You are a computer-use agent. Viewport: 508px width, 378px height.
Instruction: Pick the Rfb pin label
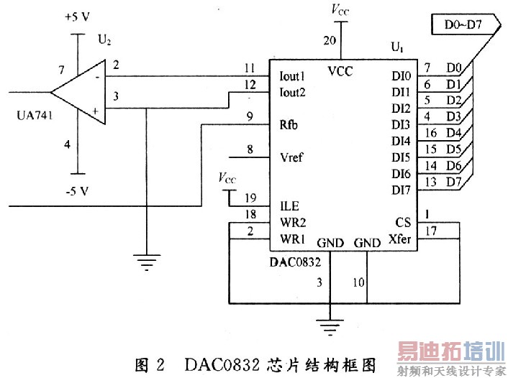point(289,124)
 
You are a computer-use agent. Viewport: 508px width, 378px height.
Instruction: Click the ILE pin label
point(289,206)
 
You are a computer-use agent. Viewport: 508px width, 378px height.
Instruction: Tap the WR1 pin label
point(291,238)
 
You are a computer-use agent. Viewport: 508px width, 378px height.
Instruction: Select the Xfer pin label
point(399,238)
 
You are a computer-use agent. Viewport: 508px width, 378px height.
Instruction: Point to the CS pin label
point(403,222)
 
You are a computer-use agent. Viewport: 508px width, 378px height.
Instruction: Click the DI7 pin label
point(401,190)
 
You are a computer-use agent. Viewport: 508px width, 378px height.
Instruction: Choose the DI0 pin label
point(401,76)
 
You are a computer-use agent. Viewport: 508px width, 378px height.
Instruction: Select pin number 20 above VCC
point(330,41)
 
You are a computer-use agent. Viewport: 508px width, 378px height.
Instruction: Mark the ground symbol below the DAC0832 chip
point(330,328)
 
